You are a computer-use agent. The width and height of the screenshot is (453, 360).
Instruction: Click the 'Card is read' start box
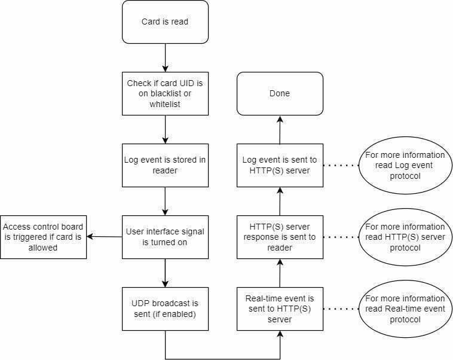coord(165,22)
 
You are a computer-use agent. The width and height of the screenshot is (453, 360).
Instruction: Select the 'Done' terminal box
coord(280,94)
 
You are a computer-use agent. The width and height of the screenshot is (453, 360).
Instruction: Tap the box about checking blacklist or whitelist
coord(165,94)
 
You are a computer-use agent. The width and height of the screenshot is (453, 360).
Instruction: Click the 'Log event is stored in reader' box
coord(165,166)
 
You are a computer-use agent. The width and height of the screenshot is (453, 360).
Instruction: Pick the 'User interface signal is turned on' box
coord(165,237)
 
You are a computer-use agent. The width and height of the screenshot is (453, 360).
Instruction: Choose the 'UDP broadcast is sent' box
coord(165,309)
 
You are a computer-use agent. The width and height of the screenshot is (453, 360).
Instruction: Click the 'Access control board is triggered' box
coord(44,237)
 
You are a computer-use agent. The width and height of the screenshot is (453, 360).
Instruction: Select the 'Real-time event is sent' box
coord(280,309)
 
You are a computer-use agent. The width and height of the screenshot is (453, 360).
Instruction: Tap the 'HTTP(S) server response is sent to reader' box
coord(280,237)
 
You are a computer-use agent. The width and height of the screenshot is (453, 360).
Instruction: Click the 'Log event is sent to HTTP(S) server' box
coord(280,166)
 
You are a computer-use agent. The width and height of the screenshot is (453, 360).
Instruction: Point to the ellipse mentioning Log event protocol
coord(405,166)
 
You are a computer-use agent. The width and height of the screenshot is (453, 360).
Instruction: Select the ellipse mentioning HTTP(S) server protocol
coord(405,237)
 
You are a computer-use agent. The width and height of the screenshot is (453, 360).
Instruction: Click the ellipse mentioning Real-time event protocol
coord(405,309)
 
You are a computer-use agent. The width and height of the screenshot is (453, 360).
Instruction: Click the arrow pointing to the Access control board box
coord(105,237)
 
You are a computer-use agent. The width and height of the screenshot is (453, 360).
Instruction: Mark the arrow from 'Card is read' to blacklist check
coord(165,58)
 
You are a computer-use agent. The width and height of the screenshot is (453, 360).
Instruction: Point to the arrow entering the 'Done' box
coord(280,130)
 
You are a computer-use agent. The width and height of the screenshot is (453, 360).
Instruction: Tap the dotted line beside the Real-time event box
coord(341,309)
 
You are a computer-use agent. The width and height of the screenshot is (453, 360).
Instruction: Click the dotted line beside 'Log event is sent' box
coord(341,166)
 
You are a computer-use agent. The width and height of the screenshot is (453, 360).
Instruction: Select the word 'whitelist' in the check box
coord(165,104)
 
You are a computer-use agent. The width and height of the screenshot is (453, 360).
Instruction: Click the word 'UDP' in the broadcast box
coord(140,303)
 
